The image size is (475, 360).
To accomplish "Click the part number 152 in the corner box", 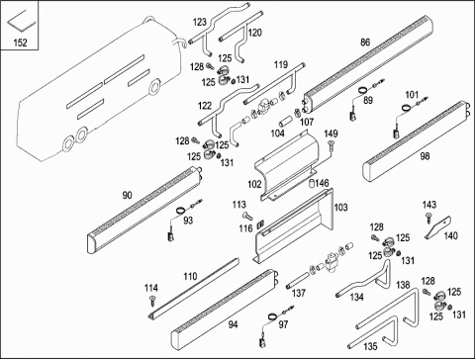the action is coord(20,43).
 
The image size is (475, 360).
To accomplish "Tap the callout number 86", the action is coord(365,43).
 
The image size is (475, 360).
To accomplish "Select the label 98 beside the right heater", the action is coord(425,156).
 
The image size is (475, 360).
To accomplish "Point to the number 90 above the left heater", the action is coord(127,195).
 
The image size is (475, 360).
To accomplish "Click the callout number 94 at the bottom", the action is coord(233,324).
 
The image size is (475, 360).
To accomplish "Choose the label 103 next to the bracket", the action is coord(340,208).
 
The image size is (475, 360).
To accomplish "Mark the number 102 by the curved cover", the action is coord(254,184).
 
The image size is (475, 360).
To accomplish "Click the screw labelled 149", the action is coord(331,145).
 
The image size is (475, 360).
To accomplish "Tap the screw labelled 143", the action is coord(428,218).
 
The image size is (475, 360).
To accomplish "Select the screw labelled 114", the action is coord(152,301).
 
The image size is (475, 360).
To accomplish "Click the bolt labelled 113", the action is coord(247,217).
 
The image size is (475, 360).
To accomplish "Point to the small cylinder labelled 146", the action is coord(312,184).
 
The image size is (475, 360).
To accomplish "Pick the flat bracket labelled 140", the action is coord(437,226).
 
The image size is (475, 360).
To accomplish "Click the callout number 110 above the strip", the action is coord(190,276).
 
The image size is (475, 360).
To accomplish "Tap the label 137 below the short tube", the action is coord(299,293).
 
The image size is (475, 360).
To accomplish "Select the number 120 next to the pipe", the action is coord(255,33).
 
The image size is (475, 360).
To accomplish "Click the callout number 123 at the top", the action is coord(200,22).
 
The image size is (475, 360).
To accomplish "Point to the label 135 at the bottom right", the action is coord(370,346).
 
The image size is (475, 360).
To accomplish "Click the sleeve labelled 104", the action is coord(284,121).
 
